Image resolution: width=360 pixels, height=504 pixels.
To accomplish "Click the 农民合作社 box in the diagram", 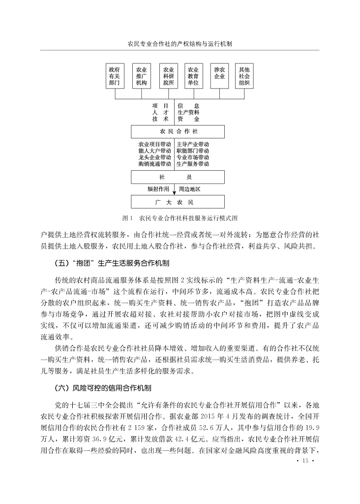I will coord(178,132).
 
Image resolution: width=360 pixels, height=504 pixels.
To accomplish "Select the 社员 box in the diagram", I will coord(178,177).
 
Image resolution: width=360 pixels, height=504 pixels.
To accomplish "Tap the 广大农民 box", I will coord(178,202).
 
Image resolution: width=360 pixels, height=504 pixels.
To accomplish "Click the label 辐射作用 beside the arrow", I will coord(158,189).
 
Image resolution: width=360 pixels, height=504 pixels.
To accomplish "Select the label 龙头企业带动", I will coord(155,157).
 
